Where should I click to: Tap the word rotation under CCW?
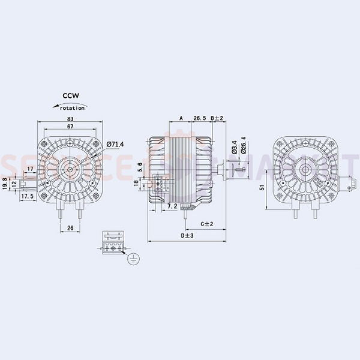[71, 107]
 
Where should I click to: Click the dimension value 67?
[70, 127]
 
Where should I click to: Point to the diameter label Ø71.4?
[115, 144]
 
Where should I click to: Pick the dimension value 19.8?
[5, 182]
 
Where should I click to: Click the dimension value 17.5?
[27, 196]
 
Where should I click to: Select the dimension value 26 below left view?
[70, 227]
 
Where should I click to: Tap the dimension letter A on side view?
[181, 118]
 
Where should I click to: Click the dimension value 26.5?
[200, 118]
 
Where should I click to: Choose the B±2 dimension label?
[217, 118]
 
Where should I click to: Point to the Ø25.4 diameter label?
[243, 146]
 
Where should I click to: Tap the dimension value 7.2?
[172, 206]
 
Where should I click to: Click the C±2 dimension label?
[206, 224]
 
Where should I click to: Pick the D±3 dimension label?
[187, 236]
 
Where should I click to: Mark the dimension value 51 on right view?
[262, 187]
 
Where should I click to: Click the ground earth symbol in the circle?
[131, 259]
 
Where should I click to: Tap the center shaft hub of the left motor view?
[70, 169]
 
